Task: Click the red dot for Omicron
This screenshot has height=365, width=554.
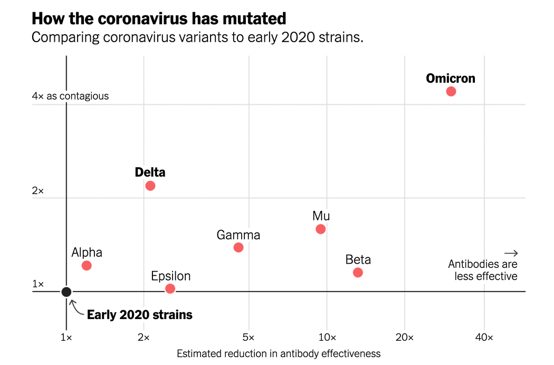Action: pyautogui.click(x=451, y=91)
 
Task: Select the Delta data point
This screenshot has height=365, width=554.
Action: pyautogui.click(x=150, y=186)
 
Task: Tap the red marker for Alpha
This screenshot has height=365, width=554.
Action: pyautogui.click(x=87, y=265)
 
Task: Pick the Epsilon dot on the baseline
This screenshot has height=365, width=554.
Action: pyautogui.click(x=170, y=289)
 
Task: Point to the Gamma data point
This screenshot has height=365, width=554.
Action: pyautogui.click(x=238, y=247)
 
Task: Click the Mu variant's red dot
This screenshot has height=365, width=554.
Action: pyautogui.click(x=320, y=229)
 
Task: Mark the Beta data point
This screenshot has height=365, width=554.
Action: pyautogui.click(x=358, y=273)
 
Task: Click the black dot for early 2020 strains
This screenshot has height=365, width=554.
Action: pyautogui.click(x=66, y=292)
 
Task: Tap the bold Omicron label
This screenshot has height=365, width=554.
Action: pyautogui.click(x=450, y=79)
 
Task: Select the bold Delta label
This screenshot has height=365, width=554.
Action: pyautogui.click(x=150, y=172)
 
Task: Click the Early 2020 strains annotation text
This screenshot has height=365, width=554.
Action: pyautogui.click(x=139, y=315)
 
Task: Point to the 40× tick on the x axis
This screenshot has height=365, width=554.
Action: pyautogui.click(x=484, y=338)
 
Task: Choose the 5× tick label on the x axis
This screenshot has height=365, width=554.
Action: pyautogui.click(x=249, y=338)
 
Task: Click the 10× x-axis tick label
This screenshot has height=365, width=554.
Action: pyautogui.click(x=327, y=338)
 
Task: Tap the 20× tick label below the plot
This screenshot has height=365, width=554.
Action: pyautogui.click(x=405, y=338)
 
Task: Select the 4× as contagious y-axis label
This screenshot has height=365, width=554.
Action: pyautogui.click(x=70, y=96)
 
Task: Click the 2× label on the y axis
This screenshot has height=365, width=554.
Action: pyautogui.click(x=38, y=190)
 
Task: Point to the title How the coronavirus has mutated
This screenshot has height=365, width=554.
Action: pyautogui.click(x=159, y=18)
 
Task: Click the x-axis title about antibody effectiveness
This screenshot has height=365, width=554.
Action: pyautogui.click(x=279, y=353)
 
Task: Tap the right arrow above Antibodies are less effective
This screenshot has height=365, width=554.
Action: pyautogui.click(x=511, y=253)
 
